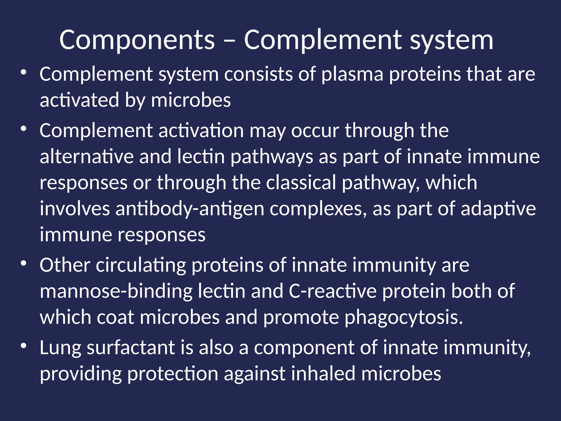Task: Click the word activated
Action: coord(79,100)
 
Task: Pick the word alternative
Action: coord(87,157)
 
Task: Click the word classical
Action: coord(301,183)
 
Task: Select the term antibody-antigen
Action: coord(190,209)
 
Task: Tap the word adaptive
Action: coord(498,209)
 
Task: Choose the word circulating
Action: coord(141,265)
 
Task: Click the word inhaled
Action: coord(323,374)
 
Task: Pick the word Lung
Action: coord(61,348)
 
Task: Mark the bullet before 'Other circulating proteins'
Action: coord(24,264)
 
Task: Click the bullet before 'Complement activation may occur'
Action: coord(24,129)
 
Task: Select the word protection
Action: coord(173,374)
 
